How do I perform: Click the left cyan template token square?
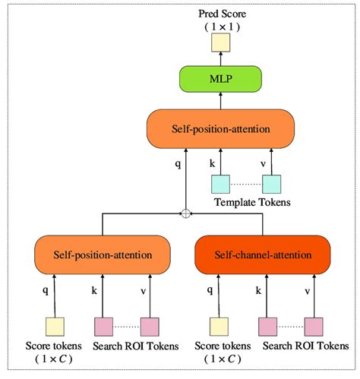[x=220, y=184]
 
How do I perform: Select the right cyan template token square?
[x=271, y=184]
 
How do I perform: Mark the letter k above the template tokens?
[x=212, y=162]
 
